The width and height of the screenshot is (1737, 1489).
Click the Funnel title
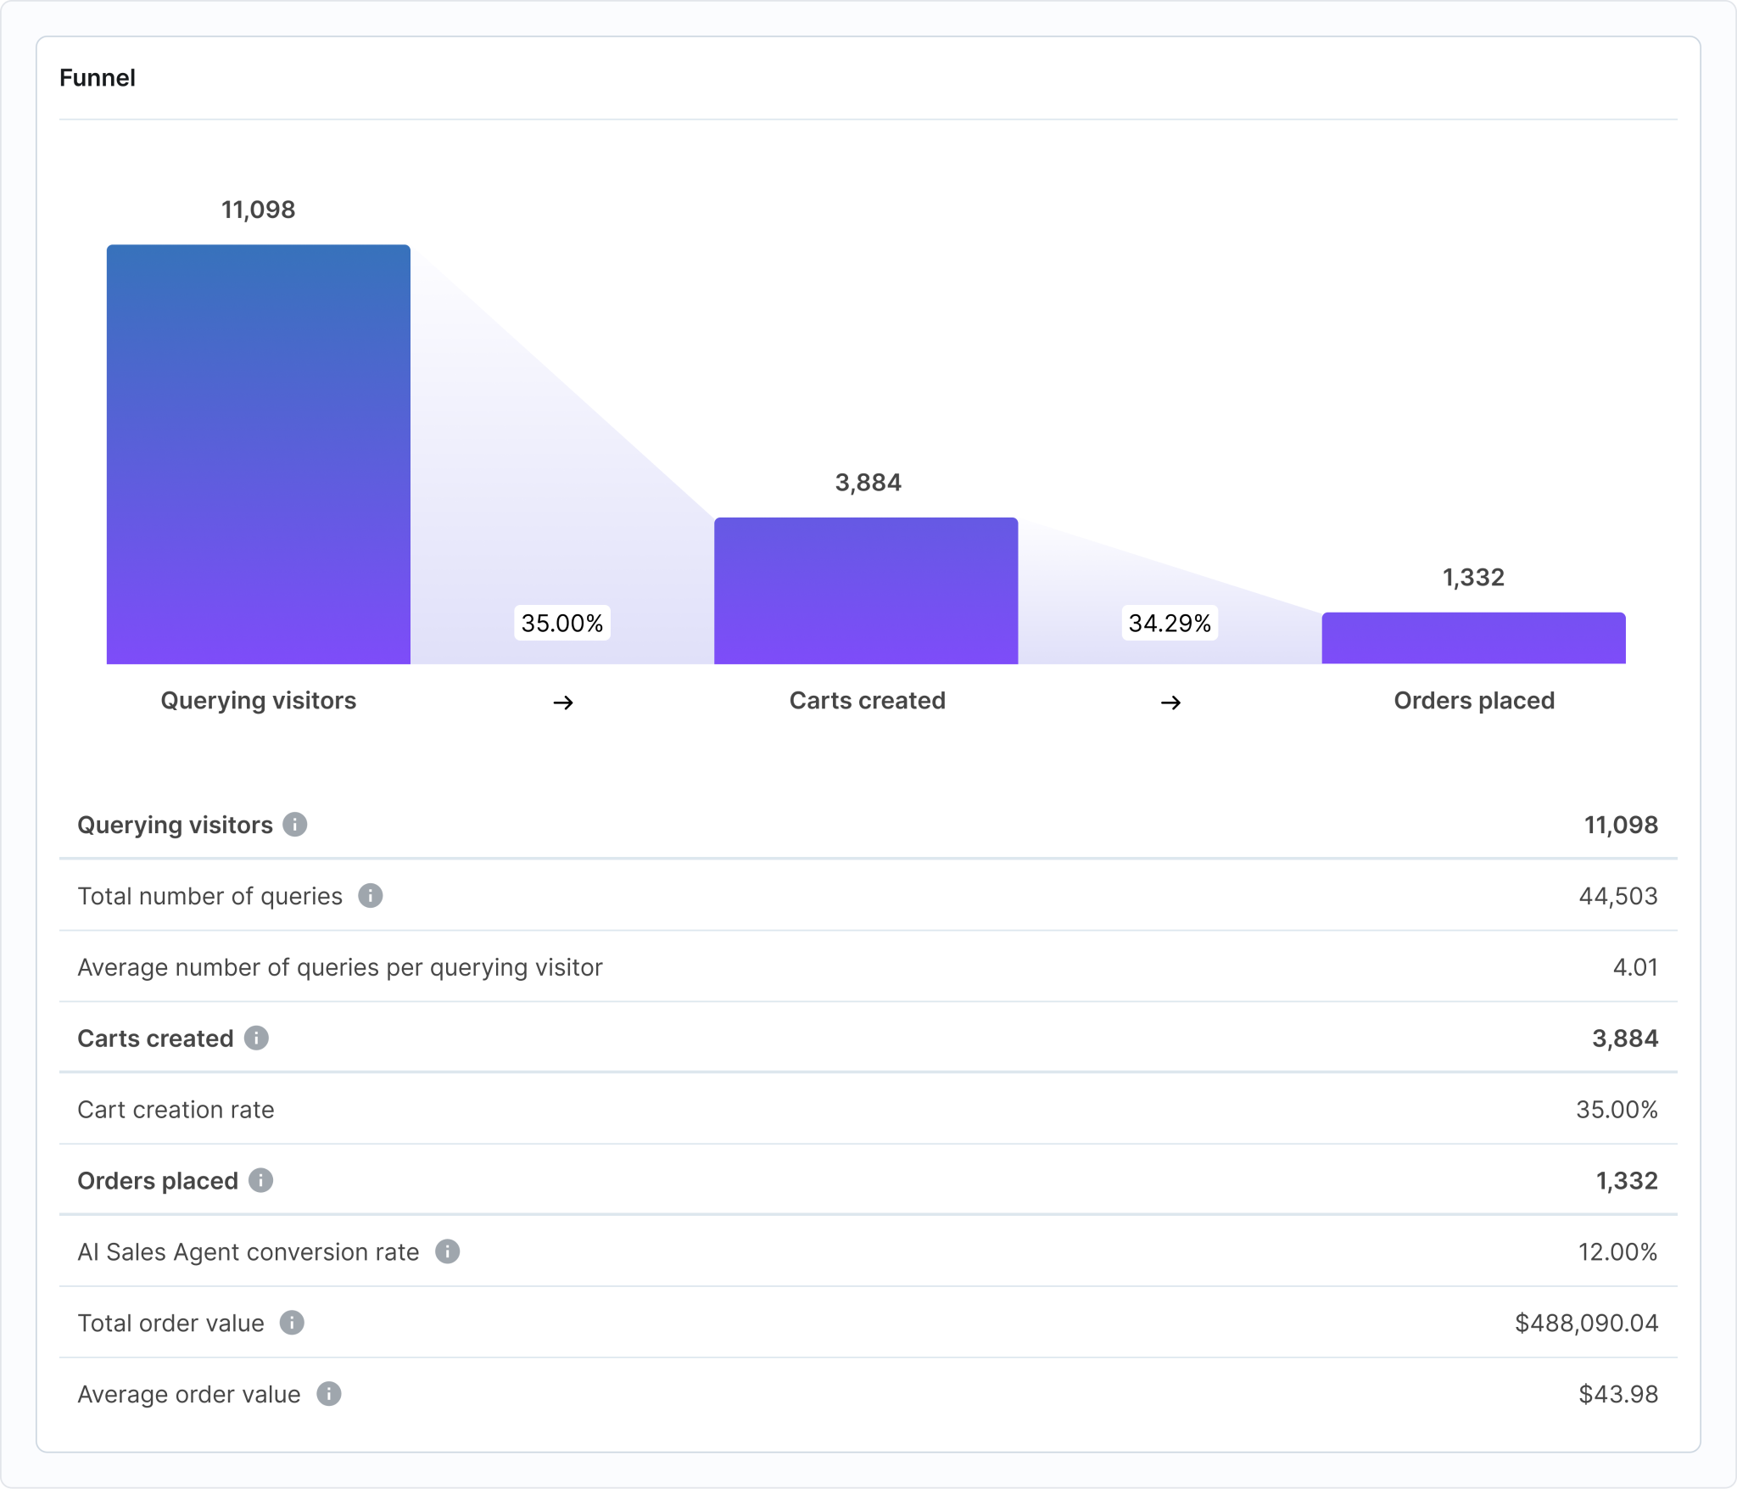(97, 78)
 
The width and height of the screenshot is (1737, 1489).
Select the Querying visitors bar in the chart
(258, 454)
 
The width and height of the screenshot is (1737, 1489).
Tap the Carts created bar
(865, 591)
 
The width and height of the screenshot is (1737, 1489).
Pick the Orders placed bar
(1473, 638)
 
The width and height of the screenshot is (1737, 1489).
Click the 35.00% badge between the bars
(561, 624)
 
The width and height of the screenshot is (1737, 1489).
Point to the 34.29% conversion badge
(1170, 624)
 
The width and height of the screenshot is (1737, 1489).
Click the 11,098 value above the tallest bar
(258, 210)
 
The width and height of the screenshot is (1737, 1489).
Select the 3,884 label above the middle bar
(868, 483)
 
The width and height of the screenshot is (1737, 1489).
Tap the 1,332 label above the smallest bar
(1473, 578)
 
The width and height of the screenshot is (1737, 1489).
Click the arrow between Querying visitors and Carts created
(563, 703)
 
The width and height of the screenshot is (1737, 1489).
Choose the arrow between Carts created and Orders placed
(1170, 703)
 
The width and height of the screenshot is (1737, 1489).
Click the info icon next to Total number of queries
(370, 896)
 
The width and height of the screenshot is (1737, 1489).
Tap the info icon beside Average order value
(328, 1394)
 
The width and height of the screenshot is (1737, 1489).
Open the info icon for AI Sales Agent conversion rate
(447, 1251)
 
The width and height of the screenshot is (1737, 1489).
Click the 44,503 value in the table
(1617, 896)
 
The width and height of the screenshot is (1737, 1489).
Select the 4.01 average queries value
(1634, 967)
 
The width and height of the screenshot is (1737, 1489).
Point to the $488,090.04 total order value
(1586, 1323)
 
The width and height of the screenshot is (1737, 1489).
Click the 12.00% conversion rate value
(1617, 1251)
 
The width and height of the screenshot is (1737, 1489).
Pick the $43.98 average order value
(1617, 1394)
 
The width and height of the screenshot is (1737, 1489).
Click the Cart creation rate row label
(176, 1110)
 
